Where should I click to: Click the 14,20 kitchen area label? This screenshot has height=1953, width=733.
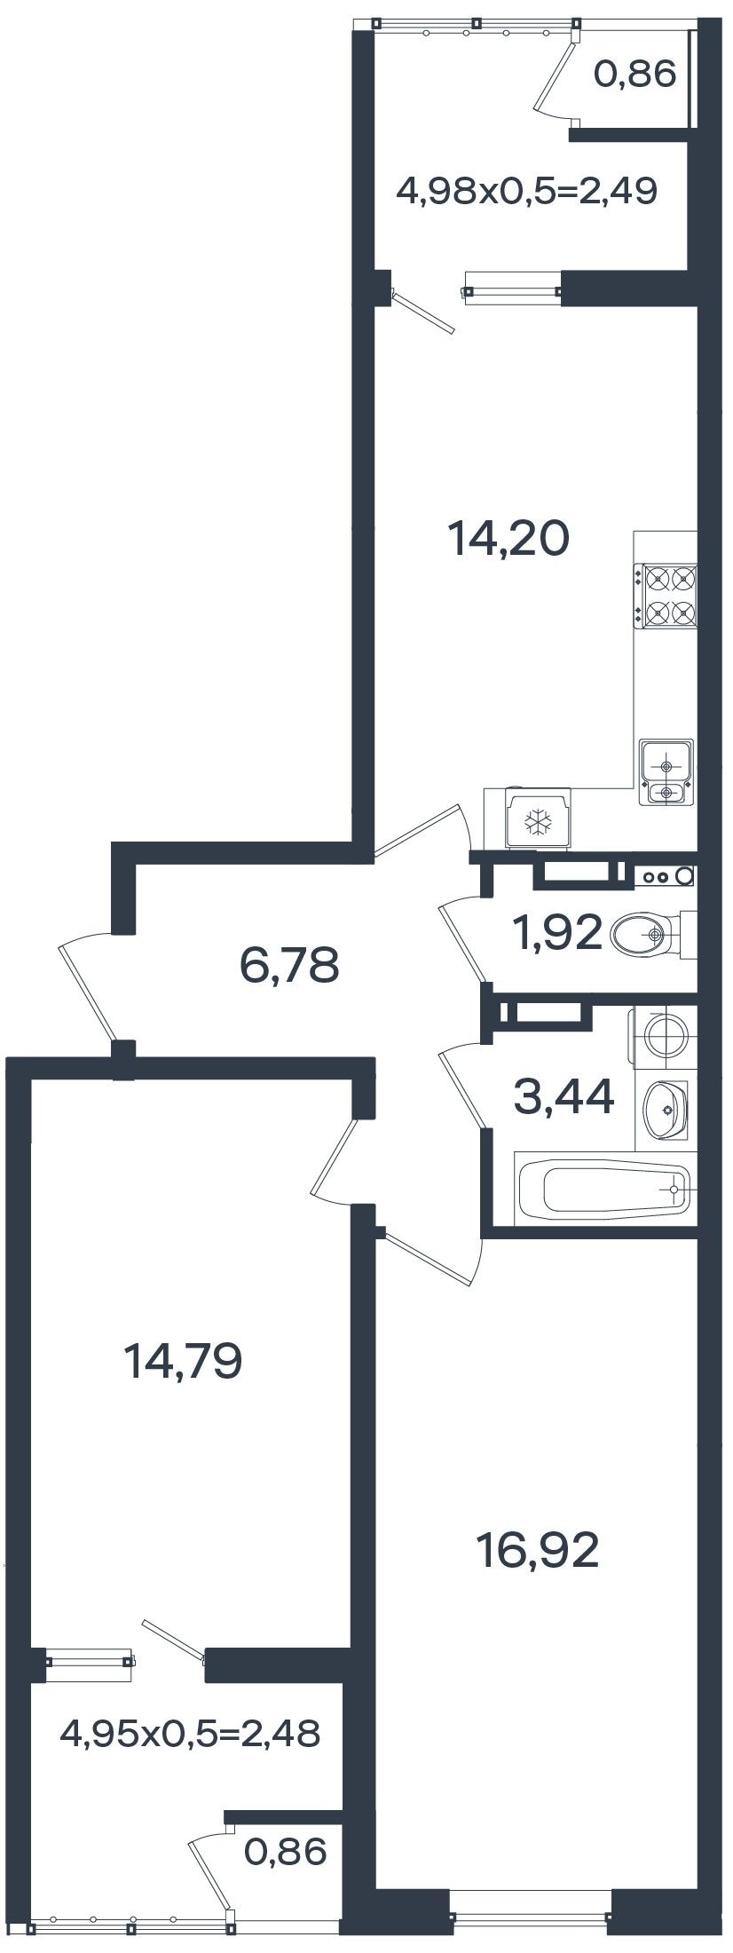tap(508, 538)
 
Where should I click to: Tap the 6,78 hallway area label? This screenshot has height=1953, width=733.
tap(290, 965)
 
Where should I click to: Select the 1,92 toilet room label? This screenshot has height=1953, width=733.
tap(556, 933)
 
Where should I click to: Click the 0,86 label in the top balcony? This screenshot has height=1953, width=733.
tap(635, 75)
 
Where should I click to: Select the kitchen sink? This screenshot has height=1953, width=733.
tap(666, 771)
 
